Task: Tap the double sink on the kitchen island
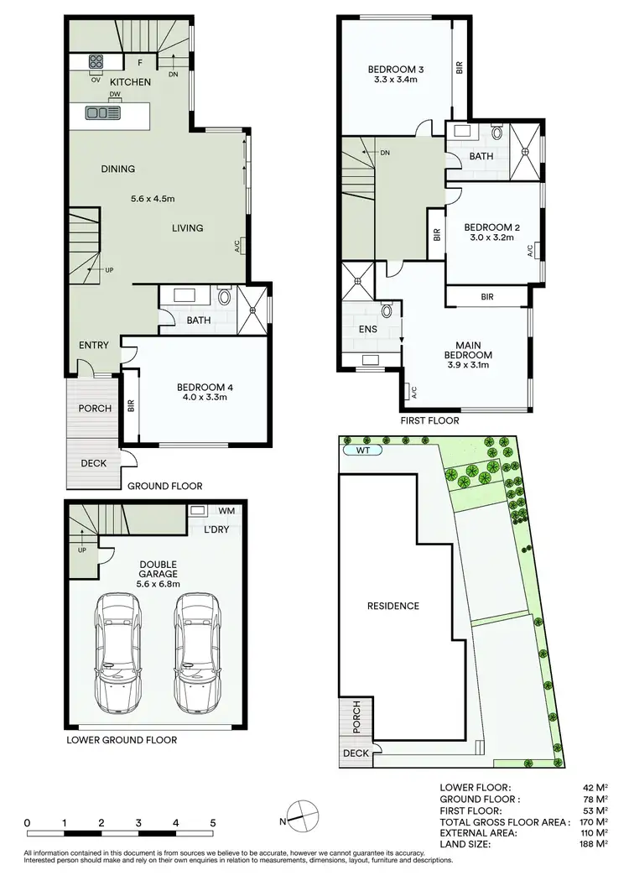(x=103, y=112)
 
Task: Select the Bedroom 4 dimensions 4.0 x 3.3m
(x=201, y=399)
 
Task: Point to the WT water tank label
(x=362, y=450)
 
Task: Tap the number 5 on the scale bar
(x=213, y=823)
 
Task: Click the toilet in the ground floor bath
(x=225, y=298)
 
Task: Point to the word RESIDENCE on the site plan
(x=392, y=606)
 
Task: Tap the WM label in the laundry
(x=226, y=510)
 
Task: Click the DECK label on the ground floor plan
(x=93, y=463)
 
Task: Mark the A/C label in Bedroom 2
(x=530, y=251)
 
